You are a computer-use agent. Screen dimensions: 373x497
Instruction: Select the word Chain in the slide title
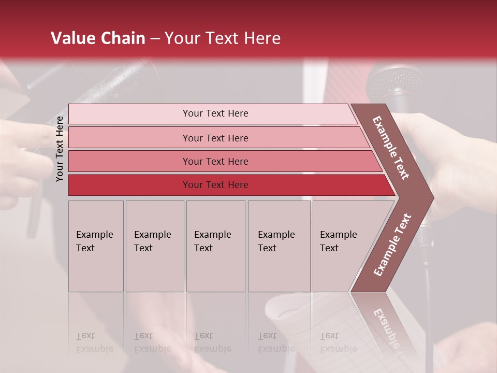click(124, 38)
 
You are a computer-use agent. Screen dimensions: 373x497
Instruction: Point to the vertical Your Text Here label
click(60, 149)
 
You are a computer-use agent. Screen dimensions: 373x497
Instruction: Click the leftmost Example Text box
click(96, 246)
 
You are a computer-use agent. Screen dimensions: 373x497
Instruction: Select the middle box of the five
click(215, 246)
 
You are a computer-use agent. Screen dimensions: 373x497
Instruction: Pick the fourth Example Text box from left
click(279, 246)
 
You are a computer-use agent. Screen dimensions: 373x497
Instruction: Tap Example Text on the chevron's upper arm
click(391, 148)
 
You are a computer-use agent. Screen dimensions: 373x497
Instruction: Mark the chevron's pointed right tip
click(432, 197)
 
